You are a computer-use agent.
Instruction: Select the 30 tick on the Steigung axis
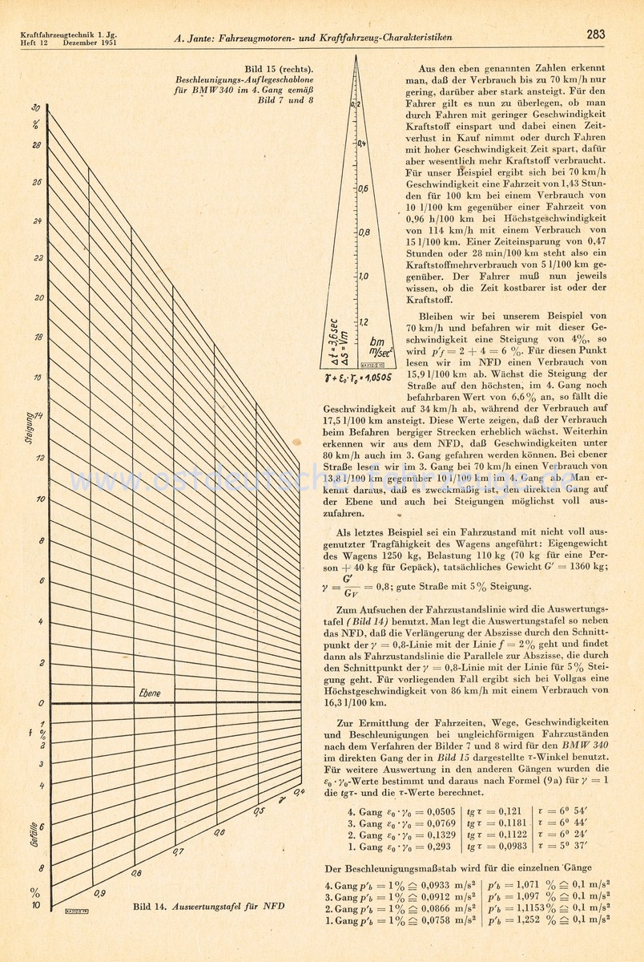coord(37,107)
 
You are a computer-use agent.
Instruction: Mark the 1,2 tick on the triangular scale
coord(363,322)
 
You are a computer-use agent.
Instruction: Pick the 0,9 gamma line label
coord(99,892)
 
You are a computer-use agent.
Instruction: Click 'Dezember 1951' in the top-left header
coord(86,42)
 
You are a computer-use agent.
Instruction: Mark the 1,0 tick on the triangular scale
coord(363,277)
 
